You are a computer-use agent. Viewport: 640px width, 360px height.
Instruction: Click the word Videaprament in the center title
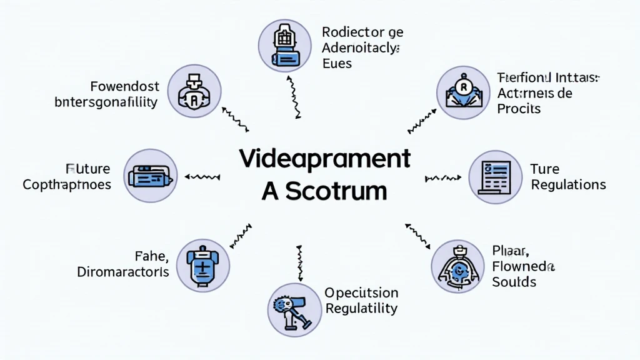pyautogui.click(x=325, y=159)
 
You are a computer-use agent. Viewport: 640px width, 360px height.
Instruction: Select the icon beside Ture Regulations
pyautogui.click(x=494, y=176)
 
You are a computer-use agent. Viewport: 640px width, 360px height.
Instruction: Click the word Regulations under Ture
pyautogui.click(x=568, y=185)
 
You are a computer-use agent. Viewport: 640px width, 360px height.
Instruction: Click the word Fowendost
pyautogui.click(x=124, y=86)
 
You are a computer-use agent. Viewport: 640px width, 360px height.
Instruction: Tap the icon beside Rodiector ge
pyautogui.click(x=284, y=46)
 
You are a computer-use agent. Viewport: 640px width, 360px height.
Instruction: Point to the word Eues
pyautogui.click(x=337, y=63)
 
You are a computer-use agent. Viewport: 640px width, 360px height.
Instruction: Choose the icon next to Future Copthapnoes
pyautogui.click(x=151, y=176)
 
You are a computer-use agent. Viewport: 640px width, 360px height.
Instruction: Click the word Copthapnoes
pyautogui.click(x=67, y=184)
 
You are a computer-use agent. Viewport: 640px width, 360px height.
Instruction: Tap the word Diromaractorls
pyautogui.click(x=123, y=272)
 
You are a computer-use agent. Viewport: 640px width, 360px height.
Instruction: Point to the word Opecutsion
pyautogui.click(x=361, y=292)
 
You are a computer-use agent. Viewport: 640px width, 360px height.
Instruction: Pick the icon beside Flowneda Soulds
pyautogui.click(x=458, y=266)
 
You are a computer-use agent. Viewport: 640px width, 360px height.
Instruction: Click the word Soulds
pyautogui.click(x=514, y=282)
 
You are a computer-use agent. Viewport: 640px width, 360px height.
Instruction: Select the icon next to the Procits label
pyautogui.click(x=463, y=92)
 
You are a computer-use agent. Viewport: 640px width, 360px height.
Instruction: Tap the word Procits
pyautogui.click(x=519, y=108)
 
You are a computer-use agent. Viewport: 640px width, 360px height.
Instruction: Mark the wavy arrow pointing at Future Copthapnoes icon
pyautogui.click(x=202, y=177)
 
